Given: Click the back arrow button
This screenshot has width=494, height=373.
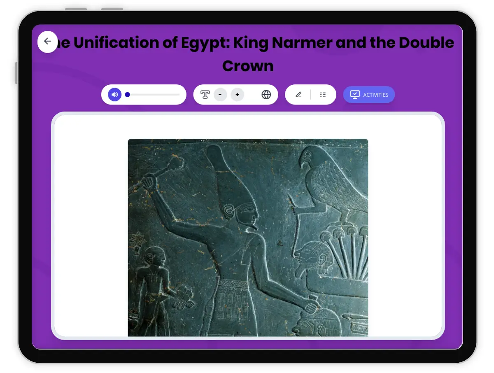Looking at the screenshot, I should [x=47, y=42].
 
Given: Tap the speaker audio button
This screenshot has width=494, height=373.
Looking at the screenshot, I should [x=114, y=95].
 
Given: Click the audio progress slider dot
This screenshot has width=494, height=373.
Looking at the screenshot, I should [x=128, y=95].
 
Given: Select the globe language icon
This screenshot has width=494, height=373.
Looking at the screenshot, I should [x=266, y=95].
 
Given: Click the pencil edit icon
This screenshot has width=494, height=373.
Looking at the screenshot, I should [x=298, y=95].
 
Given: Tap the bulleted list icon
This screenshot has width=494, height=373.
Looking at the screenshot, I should [x=323, y=95].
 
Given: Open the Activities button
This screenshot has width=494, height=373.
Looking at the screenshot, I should [x=369, y=95].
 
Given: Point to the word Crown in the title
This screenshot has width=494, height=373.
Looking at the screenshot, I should [x=248, y=66].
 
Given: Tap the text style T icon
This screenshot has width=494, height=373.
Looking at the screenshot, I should [x=205, y=95].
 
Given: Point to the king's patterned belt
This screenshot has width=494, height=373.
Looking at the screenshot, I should [x=233, y=284].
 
